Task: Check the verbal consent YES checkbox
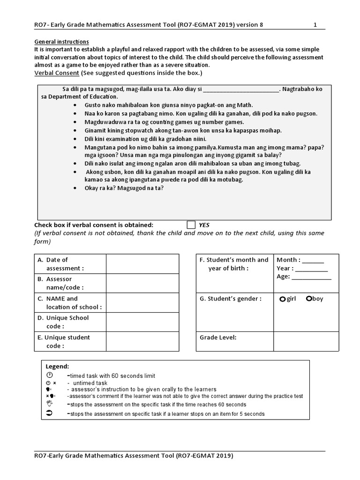(191, 225)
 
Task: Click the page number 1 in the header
(315, 25)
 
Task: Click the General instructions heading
(61, 41)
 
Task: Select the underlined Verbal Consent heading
(57, 73)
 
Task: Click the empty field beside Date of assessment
(142, 264)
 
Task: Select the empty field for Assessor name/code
(142, 283)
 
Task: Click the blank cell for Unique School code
(142, 322)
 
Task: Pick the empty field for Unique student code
(142, 342)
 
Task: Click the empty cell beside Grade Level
(302, 342)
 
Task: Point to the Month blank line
(315, 260)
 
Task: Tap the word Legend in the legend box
(57, 366)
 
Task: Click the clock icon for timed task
(50, 375)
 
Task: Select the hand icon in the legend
(50, 404)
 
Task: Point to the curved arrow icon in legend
(50, 413)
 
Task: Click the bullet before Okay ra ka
(75, 188)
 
